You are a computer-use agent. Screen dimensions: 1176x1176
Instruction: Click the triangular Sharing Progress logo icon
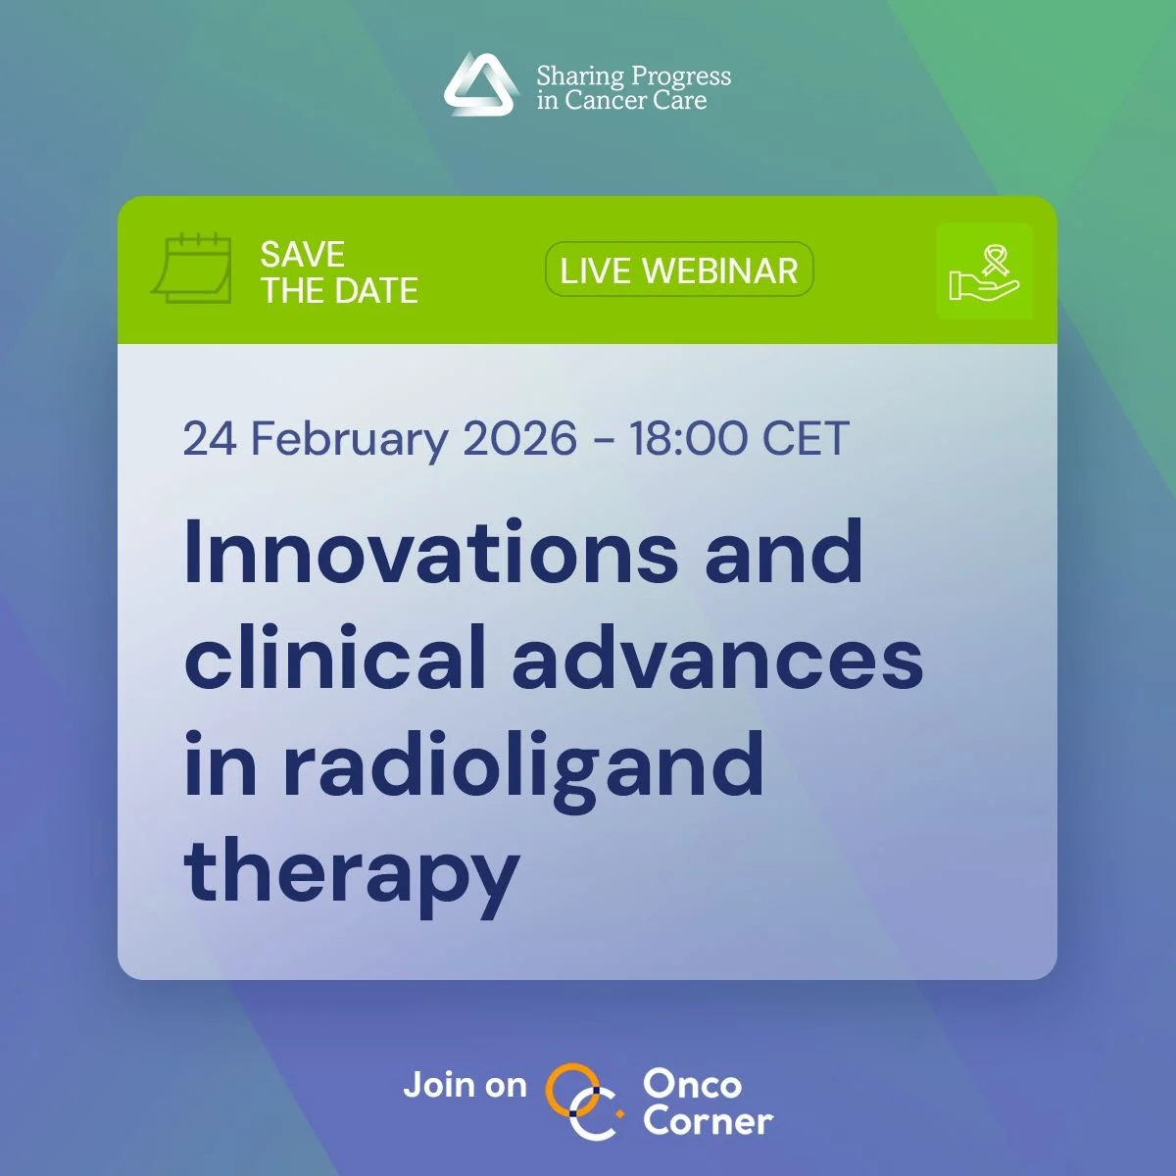[480, 85]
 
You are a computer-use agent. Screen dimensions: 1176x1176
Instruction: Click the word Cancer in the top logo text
[607, 101]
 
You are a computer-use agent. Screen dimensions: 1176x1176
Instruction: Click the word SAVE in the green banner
[303, 255]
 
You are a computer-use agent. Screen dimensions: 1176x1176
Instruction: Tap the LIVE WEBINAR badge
[679, 270]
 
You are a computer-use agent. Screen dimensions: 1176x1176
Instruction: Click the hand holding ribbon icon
[984, 271]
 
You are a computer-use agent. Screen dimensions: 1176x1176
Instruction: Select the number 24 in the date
[210, 438]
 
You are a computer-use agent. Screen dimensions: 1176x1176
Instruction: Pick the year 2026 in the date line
[519, 438]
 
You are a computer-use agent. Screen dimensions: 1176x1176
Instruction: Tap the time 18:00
[688, 438]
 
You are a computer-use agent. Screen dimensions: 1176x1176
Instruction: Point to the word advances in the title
[717, 658]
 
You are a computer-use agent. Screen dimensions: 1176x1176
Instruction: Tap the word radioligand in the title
[523, 767]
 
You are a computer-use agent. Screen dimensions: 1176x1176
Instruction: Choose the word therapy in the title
[351, 873]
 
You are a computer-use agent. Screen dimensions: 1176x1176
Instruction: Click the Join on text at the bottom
[465, 1085]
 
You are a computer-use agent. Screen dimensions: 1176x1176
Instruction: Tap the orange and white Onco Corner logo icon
[583, 1102]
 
